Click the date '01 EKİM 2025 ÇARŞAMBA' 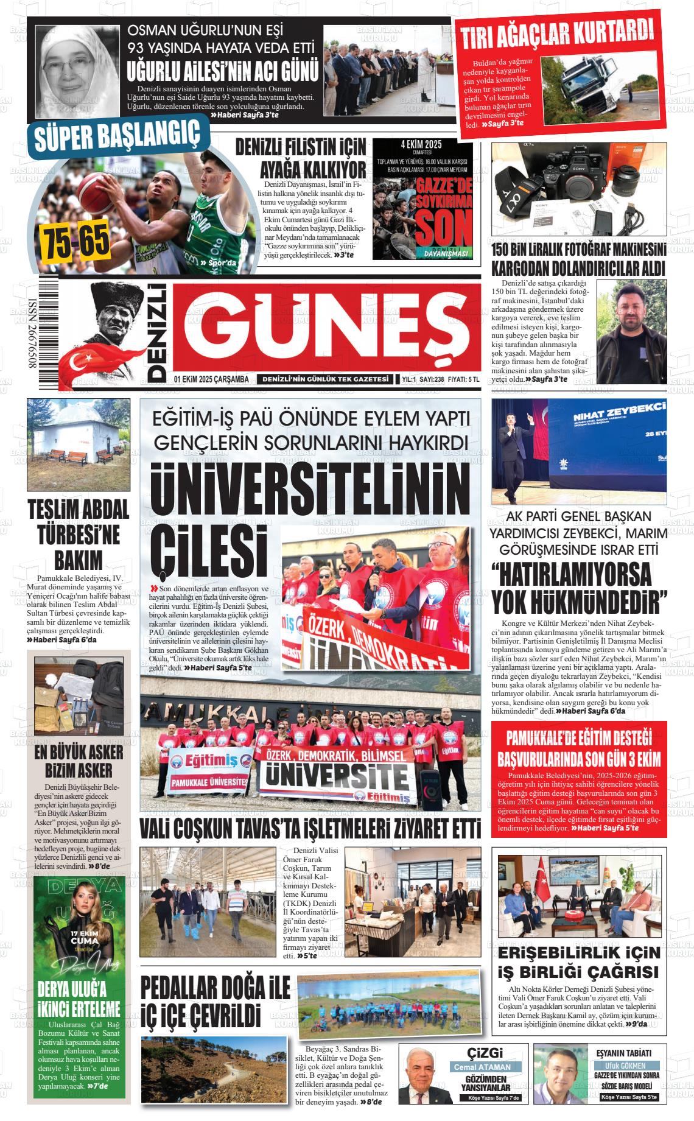pos(211,379)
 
